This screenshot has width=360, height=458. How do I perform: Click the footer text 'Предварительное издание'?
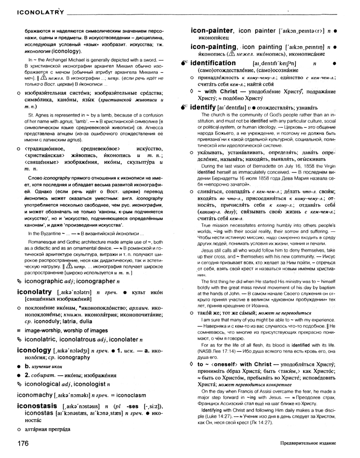click(x=308, y=444)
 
